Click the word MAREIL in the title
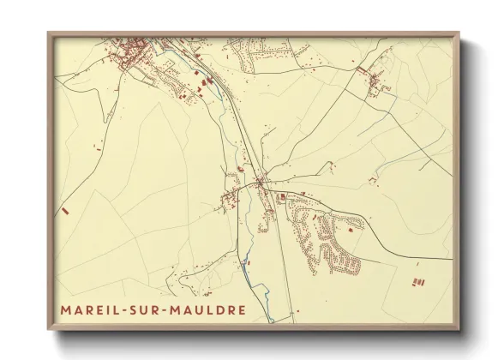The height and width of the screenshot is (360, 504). pyautogui.click(x=91, y=309)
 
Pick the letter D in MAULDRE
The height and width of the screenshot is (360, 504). pyautogui.click(x=222, y=309)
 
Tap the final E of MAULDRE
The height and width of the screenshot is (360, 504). pyautogui.click(x=243, y=309)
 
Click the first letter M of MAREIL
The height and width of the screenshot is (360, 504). pyautogui.click(x=66, y=309)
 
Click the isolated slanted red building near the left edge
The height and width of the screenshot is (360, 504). pyautogui.click(x=64, y=209)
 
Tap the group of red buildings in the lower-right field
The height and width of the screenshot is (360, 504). pyautogui.click(x=418, y=281)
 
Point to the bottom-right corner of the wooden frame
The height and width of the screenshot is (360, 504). pyautogui.click(x=459, y=329)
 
